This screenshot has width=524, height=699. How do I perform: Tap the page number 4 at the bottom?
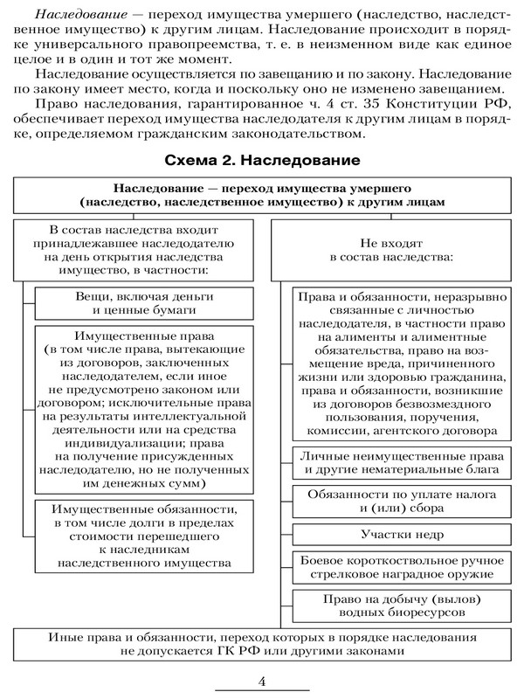[x=262, y=680]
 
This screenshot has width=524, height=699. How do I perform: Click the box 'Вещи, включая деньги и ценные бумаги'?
[x=145, y=302]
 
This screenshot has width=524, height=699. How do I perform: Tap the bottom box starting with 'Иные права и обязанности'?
[x=263, y=643]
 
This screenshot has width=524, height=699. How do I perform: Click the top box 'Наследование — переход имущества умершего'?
[x=263, y=193]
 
